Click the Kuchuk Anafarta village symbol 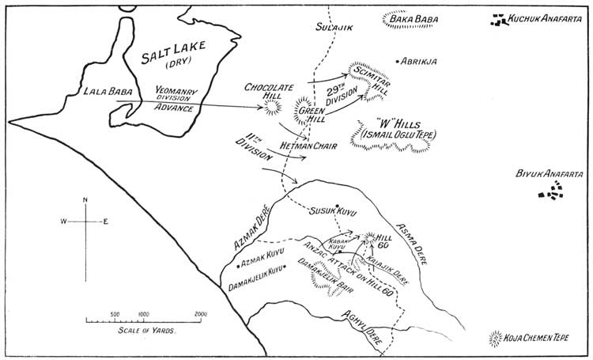(498, 20)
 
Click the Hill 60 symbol (370, 236)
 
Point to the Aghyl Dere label (363, 331)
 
